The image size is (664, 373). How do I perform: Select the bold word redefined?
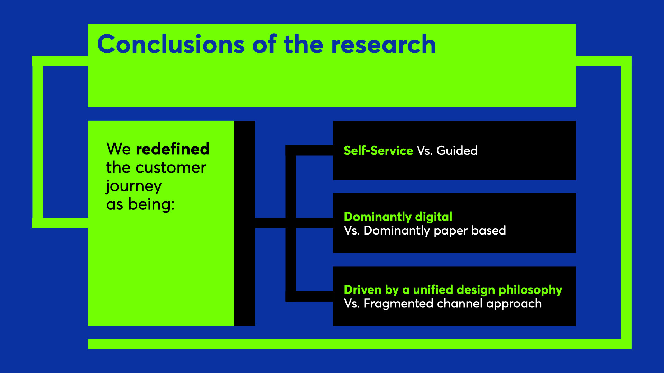pos(173,149)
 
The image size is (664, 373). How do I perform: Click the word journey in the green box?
pos(134,186)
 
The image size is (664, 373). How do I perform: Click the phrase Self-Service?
pos(378,151)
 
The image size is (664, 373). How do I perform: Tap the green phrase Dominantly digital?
pos(398,217)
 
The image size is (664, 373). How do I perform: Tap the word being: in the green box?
pos(151,204)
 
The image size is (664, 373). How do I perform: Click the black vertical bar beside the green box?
pos(245,223)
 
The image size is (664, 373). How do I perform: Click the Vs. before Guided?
pos(424,151)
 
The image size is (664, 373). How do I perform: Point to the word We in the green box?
pos(118,149)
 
